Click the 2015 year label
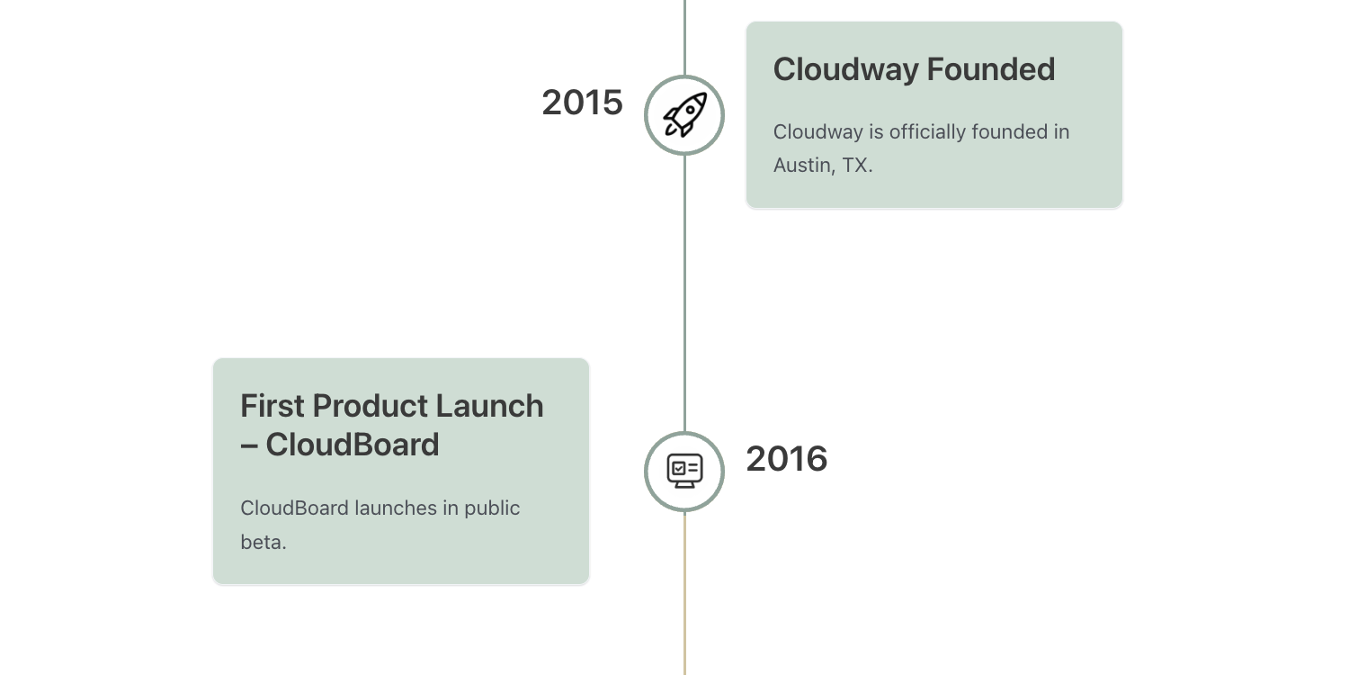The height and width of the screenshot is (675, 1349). pyautogui.click(x=582, y=103)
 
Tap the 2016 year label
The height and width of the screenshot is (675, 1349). pyautogui.click(x=787, y=459)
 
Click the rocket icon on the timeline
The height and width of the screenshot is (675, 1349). pyautogui.click(x=684, y=114)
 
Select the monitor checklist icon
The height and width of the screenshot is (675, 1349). pyautogui.click(x=684, y=471)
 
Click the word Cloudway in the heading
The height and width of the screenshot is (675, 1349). pyautogui.click(x=845, y=70)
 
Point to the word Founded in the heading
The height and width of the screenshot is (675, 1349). pyautogui.click(x=991, y=69)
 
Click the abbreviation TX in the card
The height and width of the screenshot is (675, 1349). pyautogui.click(x=854, y=165)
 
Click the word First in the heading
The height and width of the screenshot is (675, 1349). pyautogui.click(x=272, y=406)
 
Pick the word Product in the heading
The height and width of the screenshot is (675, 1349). pyautogui.click(x=370, y=406)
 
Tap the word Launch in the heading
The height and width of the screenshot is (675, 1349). pyautogui.click(x=489, y=406)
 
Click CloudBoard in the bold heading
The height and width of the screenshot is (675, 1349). pyautogui.click(x=353, y=445)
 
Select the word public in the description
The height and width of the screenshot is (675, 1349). pyautogui.click(x=491, y=508)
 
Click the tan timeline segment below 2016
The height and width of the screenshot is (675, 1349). pyautogui.click(x=684, y=594)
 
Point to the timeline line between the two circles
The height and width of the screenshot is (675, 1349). pyautogui.click(x=684, y=293)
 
